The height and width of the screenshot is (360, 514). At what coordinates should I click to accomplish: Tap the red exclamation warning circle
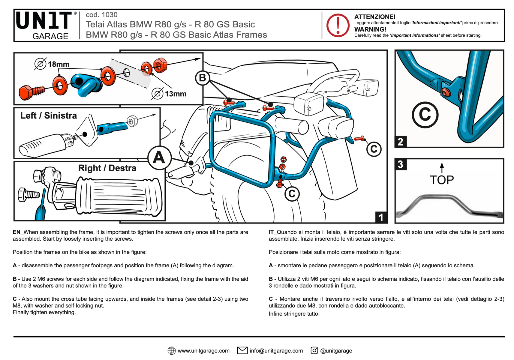pos(338,25)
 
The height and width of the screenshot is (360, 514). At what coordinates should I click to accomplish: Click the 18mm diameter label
pos(58,64)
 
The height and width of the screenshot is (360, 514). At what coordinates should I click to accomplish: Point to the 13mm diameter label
pos(175,94)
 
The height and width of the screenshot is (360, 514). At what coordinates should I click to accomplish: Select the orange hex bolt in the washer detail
pos(30,91)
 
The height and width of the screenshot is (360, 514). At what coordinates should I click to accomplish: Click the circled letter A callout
pos(159,157)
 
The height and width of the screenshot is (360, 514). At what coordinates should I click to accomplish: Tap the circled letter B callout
pos(203,78)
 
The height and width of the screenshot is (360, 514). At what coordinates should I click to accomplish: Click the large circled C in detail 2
pos(425,115)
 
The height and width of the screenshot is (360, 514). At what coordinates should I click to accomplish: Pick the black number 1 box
pos(381,217)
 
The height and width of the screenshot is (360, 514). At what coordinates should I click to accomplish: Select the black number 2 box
pos(400,142)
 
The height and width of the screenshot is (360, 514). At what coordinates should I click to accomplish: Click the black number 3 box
pos(401,164)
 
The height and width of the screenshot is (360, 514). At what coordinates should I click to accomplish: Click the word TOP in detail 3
pos(442,180)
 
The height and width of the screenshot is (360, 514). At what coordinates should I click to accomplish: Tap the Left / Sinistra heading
pos(48,115)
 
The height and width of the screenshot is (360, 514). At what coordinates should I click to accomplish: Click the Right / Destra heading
pos(107,168)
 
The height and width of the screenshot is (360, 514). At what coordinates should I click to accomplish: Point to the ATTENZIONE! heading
pos(374,17)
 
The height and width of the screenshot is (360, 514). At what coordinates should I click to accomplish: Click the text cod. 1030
pos(101,15)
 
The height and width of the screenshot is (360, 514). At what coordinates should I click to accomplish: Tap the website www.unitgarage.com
pos(203,351)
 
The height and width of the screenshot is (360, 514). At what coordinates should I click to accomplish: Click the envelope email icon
pos(242,350)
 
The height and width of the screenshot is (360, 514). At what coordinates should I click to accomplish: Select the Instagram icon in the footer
pos(314,350)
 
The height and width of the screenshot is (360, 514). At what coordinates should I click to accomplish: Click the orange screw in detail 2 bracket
pos(446,93)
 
